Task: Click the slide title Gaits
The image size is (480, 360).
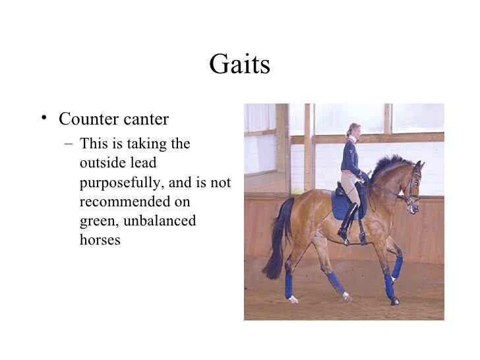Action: [x=239, y=65]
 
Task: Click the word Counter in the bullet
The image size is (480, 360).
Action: [x=86, y=119]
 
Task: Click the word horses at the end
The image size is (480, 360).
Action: [x=100, y=240]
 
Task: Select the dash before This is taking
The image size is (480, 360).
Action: [x=69, y=144]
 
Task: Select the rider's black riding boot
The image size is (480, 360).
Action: [x=347, y=221]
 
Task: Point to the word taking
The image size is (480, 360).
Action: [x=151, y=144]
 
